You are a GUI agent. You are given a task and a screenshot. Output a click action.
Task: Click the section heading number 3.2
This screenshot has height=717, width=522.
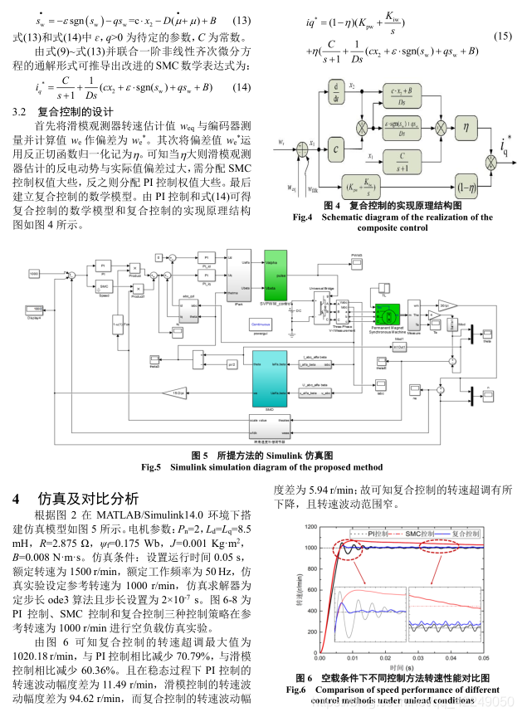[21, 110]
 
